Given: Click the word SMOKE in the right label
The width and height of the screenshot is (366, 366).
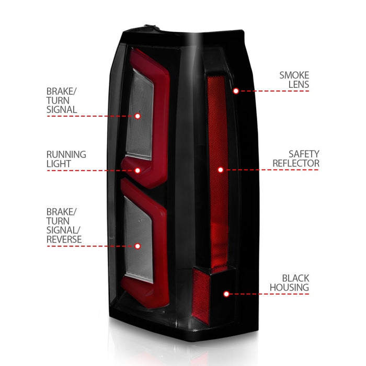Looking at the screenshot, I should pos(294,75).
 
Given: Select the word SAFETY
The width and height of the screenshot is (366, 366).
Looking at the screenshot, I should pos(303,154).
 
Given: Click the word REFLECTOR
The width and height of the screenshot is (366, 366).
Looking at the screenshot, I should pos(296,164).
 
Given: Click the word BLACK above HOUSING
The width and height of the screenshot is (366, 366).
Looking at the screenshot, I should pos(296,278).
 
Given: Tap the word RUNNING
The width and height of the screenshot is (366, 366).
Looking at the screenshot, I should pos(66,154).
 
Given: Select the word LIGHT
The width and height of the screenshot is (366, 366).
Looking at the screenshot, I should pos(59,164).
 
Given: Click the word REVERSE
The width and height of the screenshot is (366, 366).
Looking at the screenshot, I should pos(64,239).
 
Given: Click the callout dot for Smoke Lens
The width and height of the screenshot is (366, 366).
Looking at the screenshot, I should pos(236,90).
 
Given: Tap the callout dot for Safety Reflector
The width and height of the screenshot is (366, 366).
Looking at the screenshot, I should pos(221,170).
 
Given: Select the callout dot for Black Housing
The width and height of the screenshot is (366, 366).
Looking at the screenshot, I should pos(226,294).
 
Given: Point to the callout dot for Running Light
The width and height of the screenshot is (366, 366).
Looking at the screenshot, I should pos(138,170).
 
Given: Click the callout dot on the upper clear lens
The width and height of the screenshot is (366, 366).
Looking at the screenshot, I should pos(138,116).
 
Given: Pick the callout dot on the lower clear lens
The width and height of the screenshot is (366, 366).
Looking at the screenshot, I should pos(138,246).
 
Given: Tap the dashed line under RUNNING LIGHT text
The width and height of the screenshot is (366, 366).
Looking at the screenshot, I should pos(94,170).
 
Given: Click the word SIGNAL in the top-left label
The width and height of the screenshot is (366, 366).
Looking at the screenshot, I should pos(62,110).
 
